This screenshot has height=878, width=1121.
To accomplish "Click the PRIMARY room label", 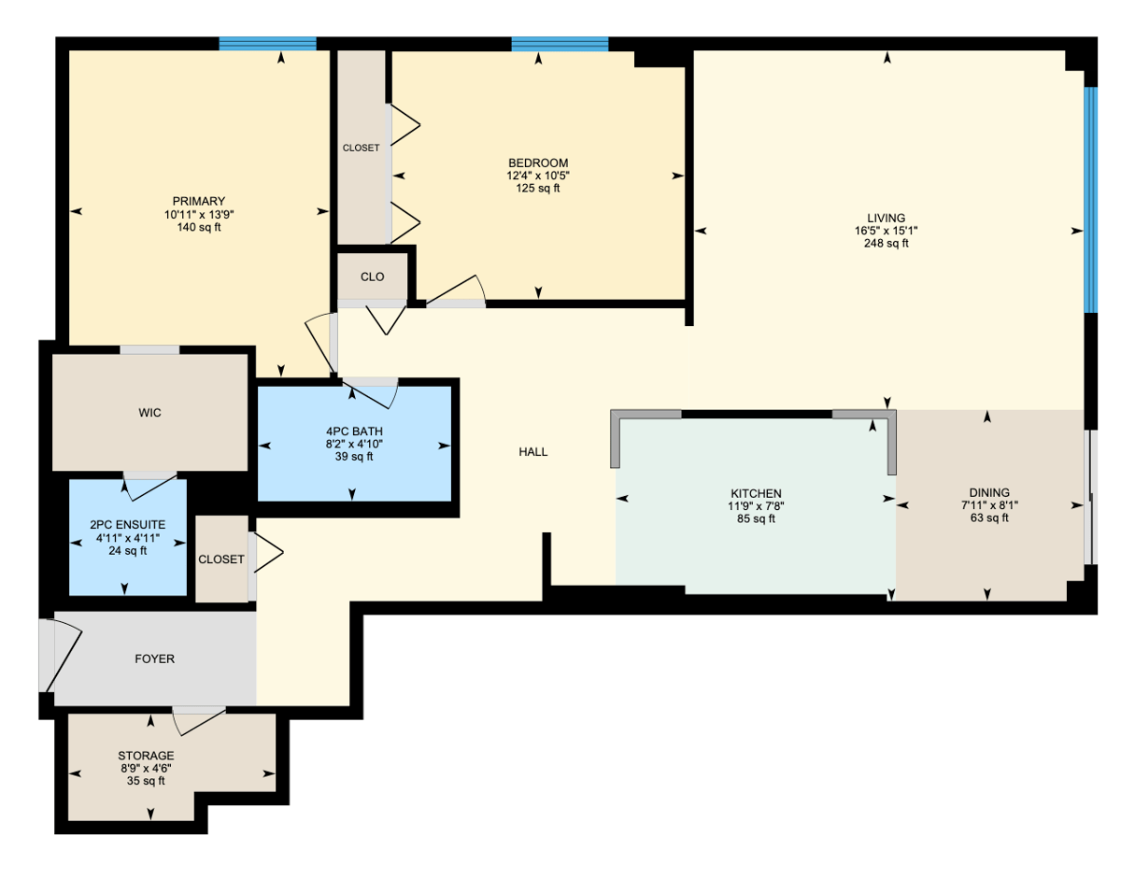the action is [x=199, y=201].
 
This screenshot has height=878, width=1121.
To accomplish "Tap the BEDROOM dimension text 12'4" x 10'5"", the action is [x=538, y=176].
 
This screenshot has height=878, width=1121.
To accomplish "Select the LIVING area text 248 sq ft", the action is [x=887, y=244].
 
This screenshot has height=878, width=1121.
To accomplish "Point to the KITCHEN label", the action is [x=756, y=493].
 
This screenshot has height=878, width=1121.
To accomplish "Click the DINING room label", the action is [x=989, y=492].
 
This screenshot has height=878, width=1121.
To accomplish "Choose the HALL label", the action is [x=532, y=452].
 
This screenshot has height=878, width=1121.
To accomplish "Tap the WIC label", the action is [x=149, y=413].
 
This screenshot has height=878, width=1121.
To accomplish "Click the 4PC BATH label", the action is [x=354, y=431].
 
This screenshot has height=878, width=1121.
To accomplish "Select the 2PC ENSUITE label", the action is [x=127, y=525].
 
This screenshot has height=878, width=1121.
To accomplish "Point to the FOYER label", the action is [x=154, y=658].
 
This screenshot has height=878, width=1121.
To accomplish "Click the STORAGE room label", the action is [x=146, y=756].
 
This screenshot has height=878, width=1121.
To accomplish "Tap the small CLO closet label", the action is [x=372, y=276].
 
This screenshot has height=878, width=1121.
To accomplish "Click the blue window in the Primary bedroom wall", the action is [x=267, y=44].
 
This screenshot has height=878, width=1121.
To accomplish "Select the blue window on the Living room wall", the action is [x=1090, y=200].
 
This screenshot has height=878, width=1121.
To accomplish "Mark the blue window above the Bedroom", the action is [x=560, y=44].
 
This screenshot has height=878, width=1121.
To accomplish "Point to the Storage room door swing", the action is [x=199, y=721].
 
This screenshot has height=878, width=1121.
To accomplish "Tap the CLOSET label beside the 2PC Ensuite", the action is [x=220, y=559].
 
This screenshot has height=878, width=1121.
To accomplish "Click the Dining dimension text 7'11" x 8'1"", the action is [x=989, y=505].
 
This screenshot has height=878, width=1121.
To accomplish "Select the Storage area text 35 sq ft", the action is [x=146, y=781].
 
